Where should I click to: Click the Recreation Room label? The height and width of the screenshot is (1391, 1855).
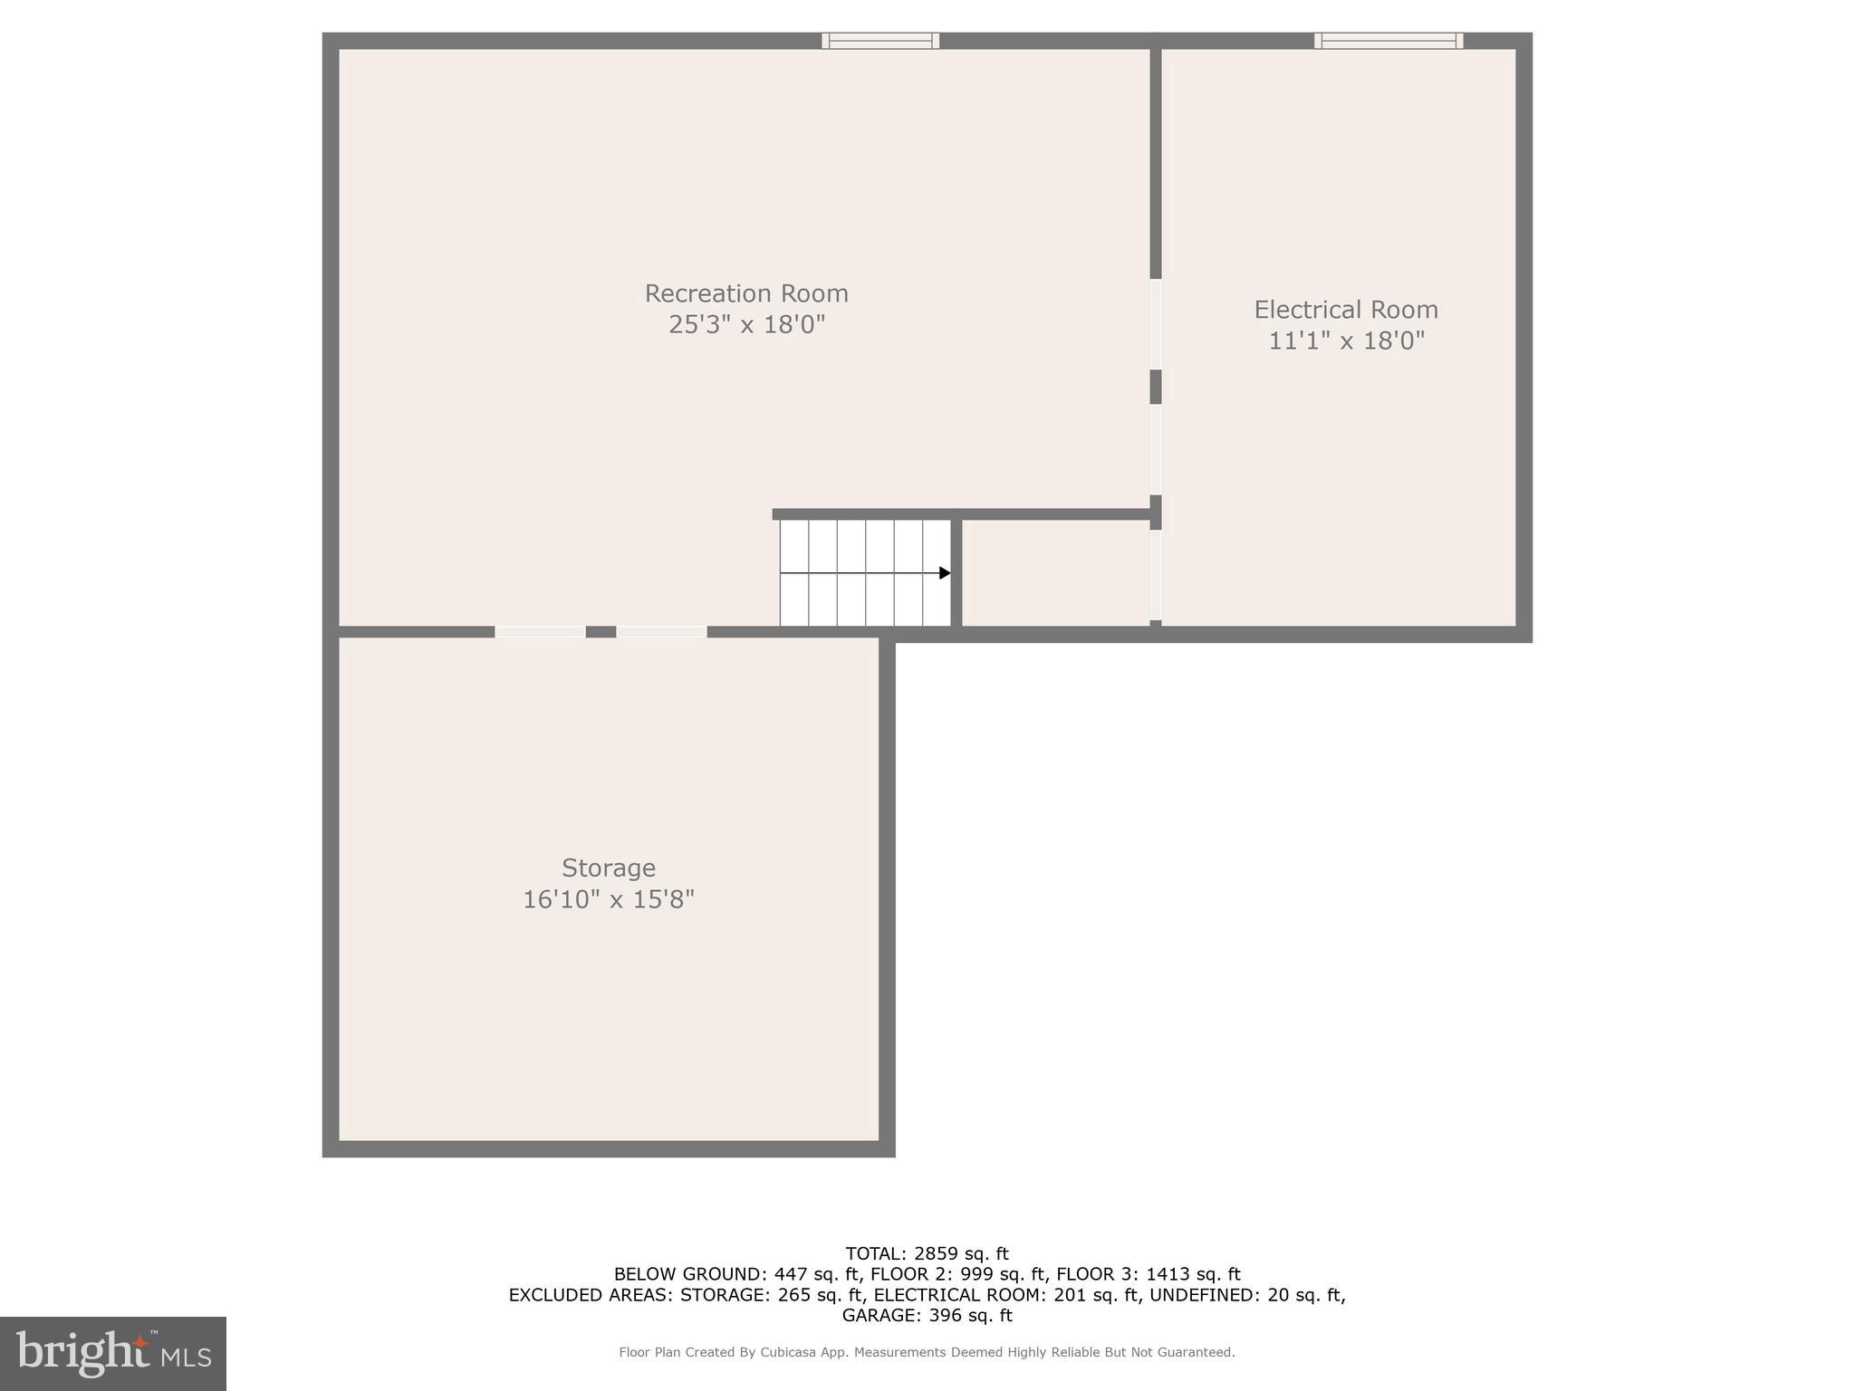745,293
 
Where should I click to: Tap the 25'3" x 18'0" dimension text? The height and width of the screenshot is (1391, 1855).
745,324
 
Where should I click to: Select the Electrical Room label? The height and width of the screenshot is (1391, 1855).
1345,310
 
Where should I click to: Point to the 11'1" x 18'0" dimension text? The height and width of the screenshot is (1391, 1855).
1345,341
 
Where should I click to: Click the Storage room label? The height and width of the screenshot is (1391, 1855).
608,868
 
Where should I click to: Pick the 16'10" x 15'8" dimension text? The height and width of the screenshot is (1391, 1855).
608,899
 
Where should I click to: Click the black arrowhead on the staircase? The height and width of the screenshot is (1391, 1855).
945,572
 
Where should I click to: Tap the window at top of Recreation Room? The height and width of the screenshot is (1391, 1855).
879,41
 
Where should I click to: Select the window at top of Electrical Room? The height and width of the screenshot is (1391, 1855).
1388,41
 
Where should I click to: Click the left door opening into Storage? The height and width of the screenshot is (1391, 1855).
540,631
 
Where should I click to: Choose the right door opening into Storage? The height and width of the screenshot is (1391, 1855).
661,631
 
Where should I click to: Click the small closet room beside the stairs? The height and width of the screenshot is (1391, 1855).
1055,572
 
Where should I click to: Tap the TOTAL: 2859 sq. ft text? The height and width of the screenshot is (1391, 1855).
927,1253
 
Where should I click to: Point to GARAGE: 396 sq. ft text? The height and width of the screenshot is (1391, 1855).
927,1315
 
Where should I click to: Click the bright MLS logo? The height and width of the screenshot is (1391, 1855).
112,1353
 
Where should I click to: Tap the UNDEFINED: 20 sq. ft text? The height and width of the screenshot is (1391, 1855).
1246,1295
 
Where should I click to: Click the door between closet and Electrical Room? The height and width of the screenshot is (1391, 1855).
1156,574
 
